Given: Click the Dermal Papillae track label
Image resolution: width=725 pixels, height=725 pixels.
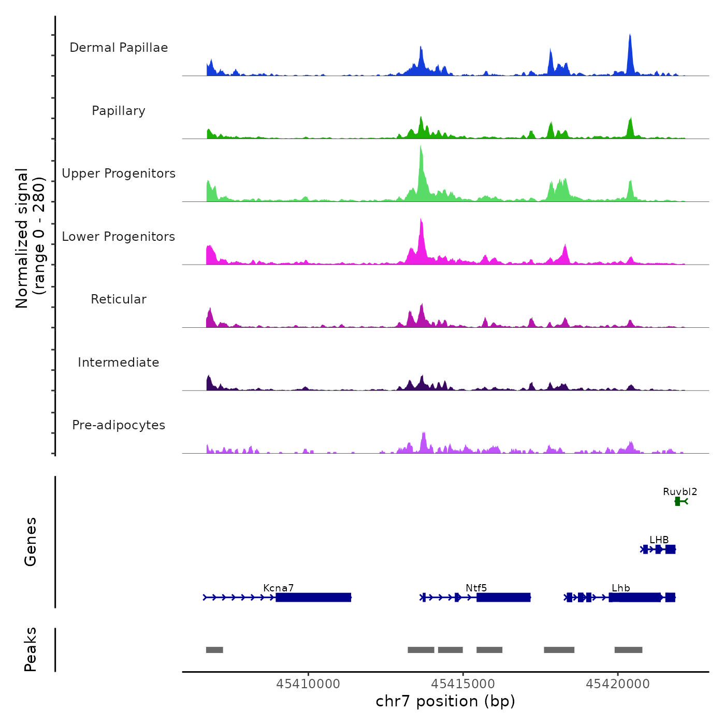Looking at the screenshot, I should click(x=119, y=48).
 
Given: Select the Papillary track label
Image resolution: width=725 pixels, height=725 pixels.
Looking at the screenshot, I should click(x=119, y=111).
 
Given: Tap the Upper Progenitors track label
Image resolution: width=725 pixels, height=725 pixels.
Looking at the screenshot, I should click(x=119, y=173).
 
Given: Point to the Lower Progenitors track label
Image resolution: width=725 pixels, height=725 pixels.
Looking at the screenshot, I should click(x=119, y=237).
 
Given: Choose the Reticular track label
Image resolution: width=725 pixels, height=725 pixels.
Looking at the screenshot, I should click(x=119, y=299).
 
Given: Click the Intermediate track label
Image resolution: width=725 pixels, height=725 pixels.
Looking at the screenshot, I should click(x=119, y=363).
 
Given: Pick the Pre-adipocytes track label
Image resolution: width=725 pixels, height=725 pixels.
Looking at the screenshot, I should click(x=119, y=425).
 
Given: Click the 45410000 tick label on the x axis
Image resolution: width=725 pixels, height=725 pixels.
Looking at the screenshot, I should click(x=308, y=684).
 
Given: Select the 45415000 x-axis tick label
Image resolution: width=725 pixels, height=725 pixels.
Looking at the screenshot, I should click(x=463, y=684).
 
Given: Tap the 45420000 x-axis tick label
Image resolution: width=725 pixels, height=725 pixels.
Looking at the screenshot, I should click(x=618, y=684).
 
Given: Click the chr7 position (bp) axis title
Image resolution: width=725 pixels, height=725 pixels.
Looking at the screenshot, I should click(x=445, y=701).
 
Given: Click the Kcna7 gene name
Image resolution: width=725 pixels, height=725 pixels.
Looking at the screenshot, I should click(x=278, y=588).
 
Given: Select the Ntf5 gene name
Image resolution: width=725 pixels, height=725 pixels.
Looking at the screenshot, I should click(x=476, y=588).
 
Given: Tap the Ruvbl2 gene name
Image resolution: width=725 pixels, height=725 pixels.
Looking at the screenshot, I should click(x=680, y=491).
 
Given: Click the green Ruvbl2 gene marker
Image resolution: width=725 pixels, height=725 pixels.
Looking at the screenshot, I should click(x=678, y=501).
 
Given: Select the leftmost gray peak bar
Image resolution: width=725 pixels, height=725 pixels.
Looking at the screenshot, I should click(x=214, y=650).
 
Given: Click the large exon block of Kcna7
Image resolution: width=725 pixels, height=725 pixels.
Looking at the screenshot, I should click(x=314, y=598).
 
